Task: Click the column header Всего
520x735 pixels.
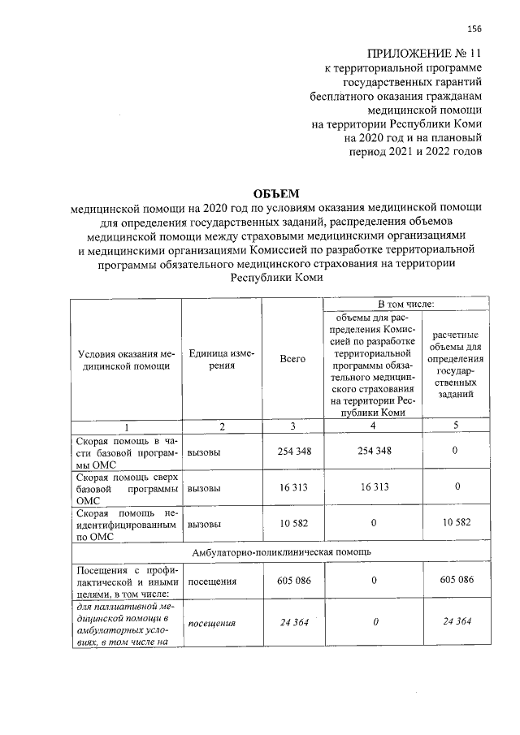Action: [x=292, y=359]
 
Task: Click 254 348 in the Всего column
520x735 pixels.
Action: [x=292, y=451]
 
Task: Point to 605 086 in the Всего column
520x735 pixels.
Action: [x=292, y=582]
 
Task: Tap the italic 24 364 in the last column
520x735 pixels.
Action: [x=457, y=623]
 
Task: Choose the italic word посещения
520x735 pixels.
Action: [x=211, y=623]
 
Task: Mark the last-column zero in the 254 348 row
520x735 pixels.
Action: [x=457, y=451]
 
